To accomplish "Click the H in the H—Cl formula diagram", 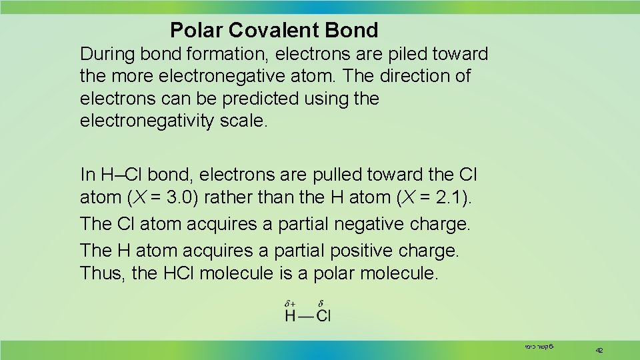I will coord(290,315).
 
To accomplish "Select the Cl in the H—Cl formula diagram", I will coord(323,315).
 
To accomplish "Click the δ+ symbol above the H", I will coord(291,303).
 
